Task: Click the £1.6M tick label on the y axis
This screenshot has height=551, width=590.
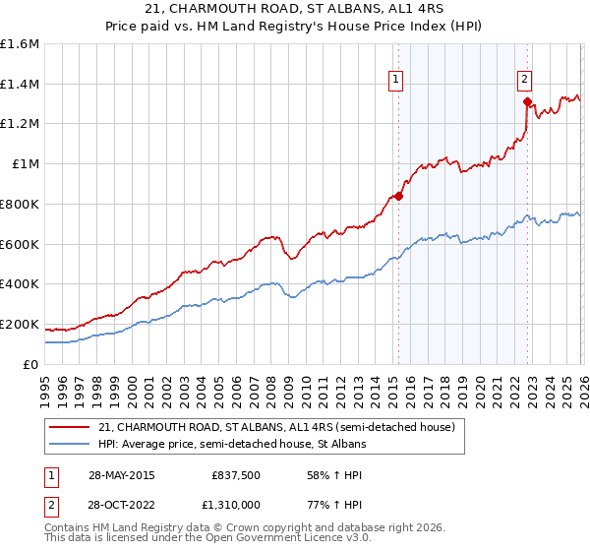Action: tap(20, 44)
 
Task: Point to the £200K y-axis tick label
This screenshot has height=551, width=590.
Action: tap(20, 324)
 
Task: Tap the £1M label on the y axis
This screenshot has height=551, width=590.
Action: tap(26, 164)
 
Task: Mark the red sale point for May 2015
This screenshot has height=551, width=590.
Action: tap(398, 196)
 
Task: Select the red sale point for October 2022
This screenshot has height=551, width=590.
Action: tap(527, 101)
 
